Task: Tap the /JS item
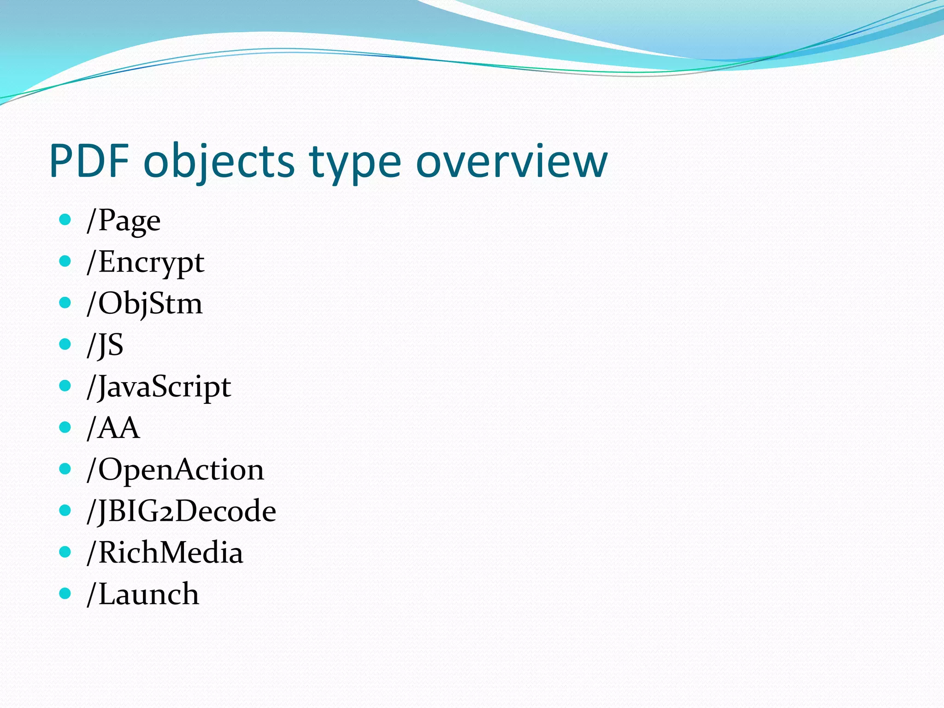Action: (x=105, y=345)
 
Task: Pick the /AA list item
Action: (x=113, y=428)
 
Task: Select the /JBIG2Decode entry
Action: (x=181, y=511)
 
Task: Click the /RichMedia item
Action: (x=165, y=553)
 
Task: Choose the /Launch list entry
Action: (x=143, y=594)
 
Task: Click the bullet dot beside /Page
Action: (x=65, y=219)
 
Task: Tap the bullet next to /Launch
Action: (x=65, y=593)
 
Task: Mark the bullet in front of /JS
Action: (x=65, y=344)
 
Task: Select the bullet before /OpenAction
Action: (x=65, y=469)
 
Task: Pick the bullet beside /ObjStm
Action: (x=65, y=303)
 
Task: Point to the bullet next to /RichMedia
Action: (x=65, y=551)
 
